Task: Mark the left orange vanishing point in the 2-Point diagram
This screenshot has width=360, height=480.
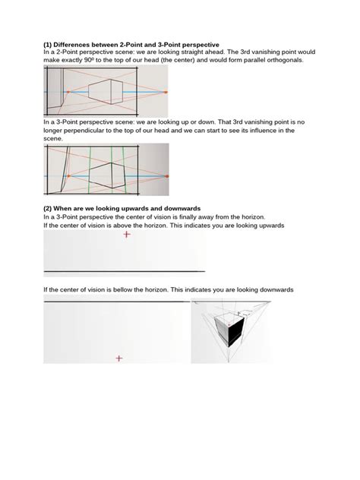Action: click(68, 91)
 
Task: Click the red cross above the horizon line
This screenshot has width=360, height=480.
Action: click(126, 235)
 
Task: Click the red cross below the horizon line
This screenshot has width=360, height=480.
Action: click(118, 358)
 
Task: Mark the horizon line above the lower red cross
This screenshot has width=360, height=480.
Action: click(118, 302)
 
